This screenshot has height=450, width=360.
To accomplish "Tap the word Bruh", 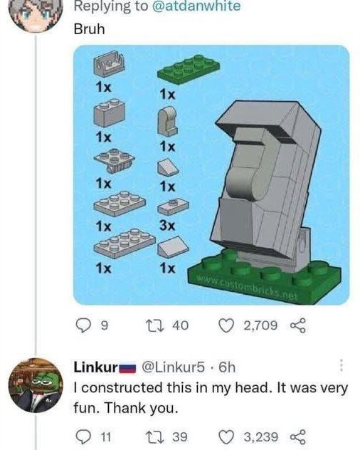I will (89, 31).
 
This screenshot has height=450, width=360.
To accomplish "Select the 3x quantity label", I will (167, 226).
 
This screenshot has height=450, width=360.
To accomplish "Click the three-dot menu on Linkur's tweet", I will (342, 366).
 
